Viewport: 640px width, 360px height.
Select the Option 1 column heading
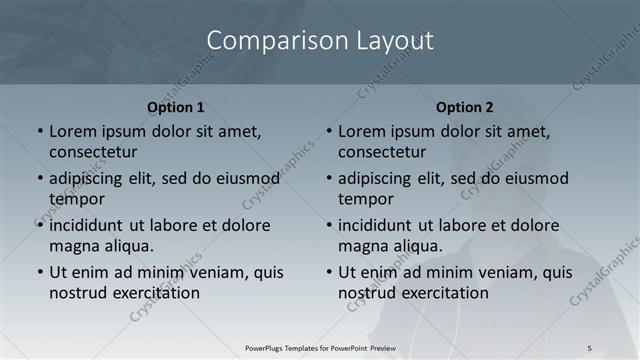pyautogui.click(x=176, y=107)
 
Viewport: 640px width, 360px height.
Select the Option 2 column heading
pyautogui.click(x=465, y=107)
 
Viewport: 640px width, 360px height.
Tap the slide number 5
pyautogui.click(x=589, y=347)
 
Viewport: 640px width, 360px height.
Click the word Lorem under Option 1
pyautogui.click(x=74, y=131)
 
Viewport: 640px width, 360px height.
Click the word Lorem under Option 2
pyautogui.click(x=363, y=131)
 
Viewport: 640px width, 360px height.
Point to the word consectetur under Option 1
pyautogui.click(x=93, y=152)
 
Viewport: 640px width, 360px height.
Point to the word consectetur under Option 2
pyautogui.click(x=382, y=152)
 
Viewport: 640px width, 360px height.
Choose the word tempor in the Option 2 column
pyautogui.click(x=366, y=199)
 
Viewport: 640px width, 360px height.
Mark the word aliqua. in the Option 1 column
pyautogui.click(x=127, y=246)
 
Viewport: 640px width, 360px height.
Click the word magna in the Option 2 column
pyautogui.click(x=362, y=246)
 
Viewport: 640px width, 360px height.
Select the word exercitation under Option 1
pyautogui.click(x=153, y=293)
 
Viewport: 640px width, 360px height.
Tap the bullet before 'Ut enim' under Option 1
pyautogui.click(x=40, y=272)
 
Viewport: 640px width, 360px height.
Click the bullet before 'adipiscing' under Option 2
pyautogui.click(x=329, y=179)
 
